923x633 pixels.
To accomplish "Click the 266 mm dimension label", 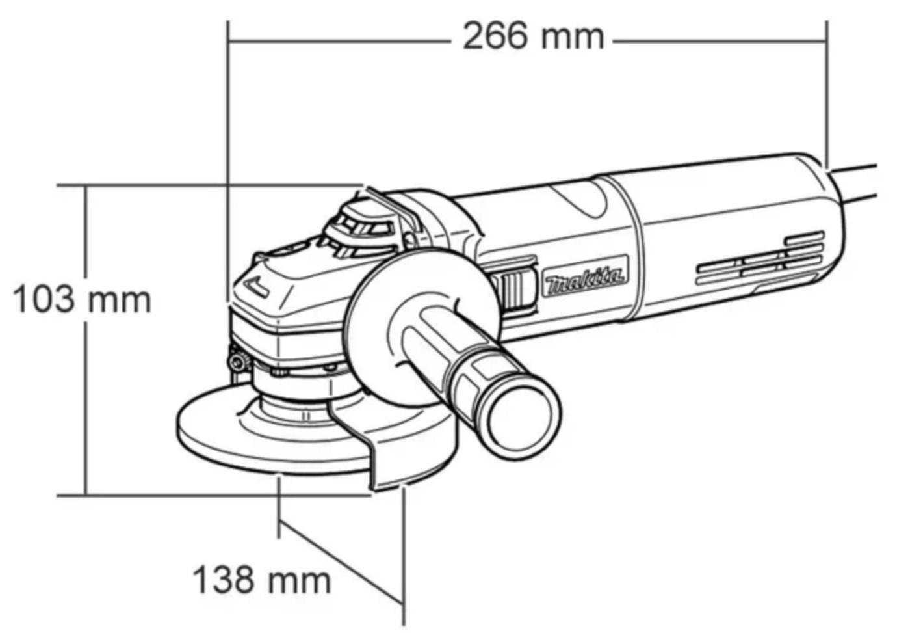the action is click(534, 37).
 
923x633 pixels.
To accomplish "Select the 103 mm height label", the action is click(83, 300).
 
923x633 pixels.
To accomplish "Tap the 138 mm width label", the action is click(262, 580).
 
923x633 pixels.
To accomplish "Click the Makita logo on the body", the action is click(585, 276).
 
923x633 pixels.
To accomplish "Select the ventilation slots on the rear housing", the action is click(760, 259).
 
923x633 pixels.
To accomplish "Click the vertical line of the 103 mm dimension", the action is click(86, 341).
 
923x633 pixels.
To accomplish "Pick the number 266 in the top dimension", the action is click(495, 37).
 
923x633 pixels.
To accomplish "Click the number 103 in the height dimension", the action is click(44, 300).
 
